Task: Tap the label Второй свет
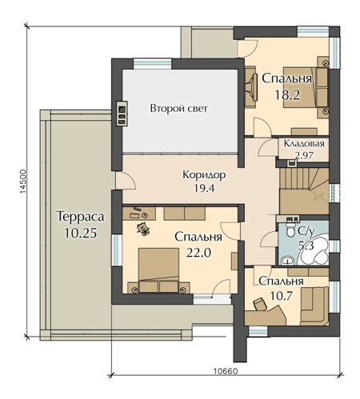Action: point(178,109)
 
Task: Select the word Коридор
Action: point(204,175)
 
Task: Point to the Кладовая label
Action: point(304,143)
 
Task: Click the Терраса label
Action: point(80,216)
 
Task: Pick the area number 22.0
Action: point(198,252)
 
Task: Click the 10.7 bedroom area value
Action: point(282,295)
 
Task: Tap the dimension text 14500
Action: point(22,181)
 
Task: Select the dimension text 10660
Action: point(226,371)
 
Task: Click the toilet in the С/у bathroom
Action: point(290,230)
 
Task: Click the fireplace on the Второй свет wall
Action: point(122,113)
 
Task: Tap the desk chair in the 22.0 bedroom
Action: point(143,229)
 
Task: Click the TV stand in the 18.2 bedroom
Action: point(251,87)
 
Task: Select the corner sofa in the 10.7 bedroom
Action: point(314,306)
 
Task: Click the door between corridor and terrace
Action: point(126,181)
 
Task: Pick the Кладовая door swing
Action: point(268,149)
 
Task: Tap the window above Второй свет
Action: point(152,64)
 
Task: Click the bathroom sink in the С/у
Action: point(287,261)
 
